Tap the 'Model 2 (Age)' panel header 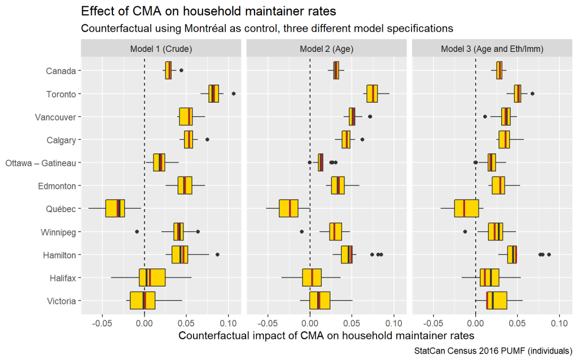click(327, 49)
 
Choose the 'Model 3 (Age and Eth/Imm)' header click(492, 49)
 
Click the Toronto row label click(61, 94)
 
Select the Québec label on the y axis click(61, 209)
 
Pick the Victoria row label click(62, 301)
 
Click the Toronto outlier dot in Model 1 click(234, 94)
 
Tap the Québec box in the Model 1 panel click(115, 208)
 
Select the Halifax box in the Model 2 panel click(312, 278)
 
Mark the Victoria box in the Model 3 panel click(497, 301)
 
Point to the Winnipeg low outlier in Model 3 click(465, 232)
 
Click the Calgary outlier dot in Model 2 click(362, 139)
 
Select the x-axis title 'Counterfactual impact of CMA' click(326, 336)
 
